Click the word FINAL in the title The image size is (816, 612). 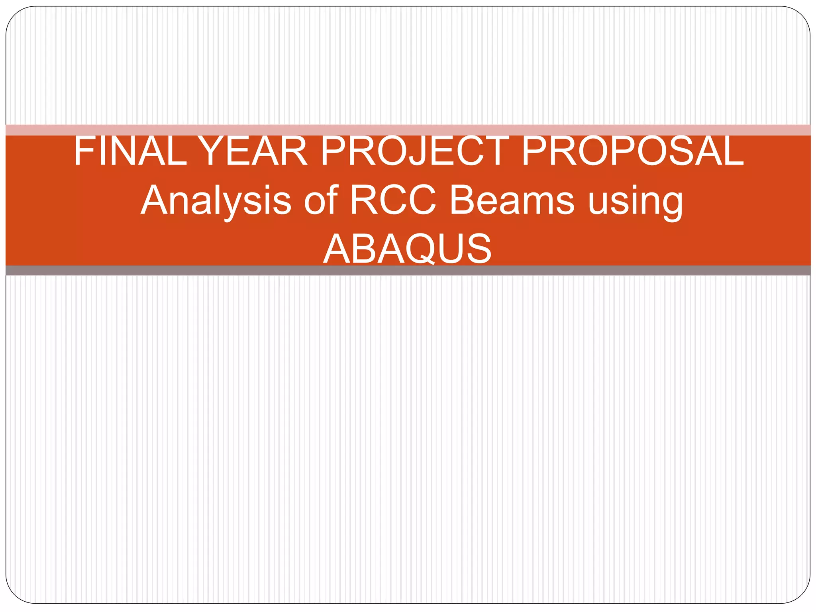[x=130, y=151]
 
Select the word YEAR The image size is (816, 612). [x=253, y=151]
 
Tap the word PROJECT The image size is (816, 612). [x=414, y=151]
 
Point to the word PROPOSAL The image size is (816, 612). [x=632, y=151]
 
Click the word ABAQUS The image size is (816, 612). [x=407, y=249]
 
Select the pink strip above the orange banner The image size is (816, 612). [x=408, y=130]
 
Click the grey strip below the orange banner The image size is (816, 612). [x=408, y=271]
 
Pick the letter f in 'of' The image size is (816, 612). [x=332, y=199]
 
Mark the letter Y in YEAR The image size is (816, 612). [x=211, y=151]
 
